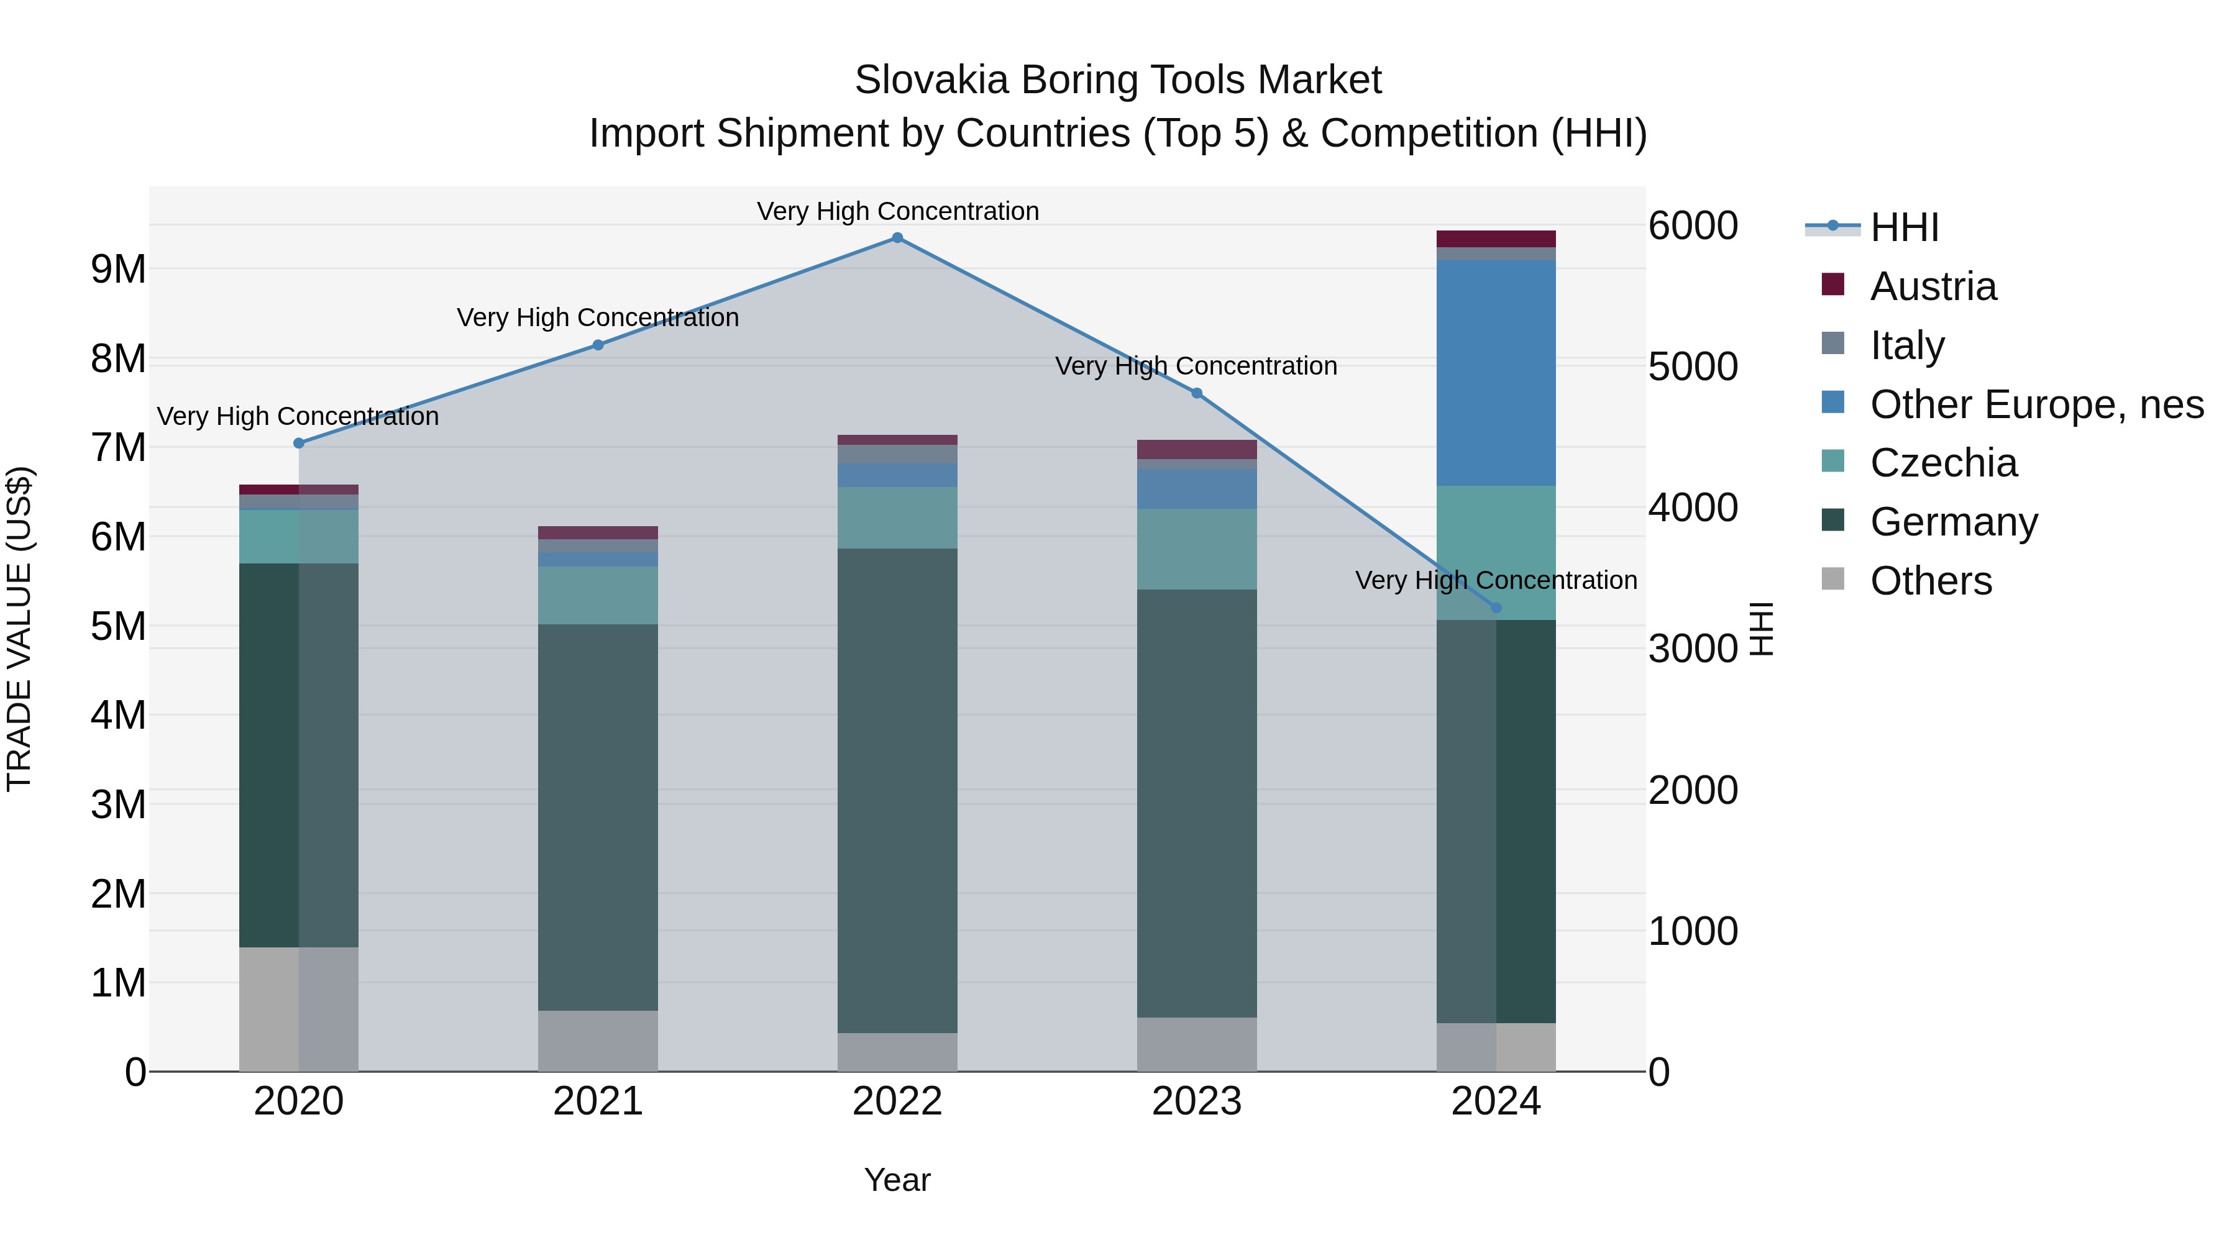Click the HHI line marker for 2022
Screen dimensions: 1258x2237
[897, 238]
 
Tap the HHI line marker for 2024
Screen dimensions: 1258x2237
[1496, 608]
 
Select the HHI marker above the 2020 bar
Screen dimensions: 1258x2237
[299, 443]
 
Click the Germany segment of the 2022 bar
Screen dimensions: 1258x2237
[897, 790]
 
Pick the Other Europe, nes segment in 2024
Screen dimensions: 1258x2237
[1496, 373]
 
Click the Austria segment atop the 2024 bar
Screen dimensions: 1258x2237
[1496, 239]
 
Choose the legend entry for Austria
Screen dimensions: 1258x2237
[1933, 286]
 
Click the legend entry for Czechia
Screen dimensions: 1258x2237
[1944, 463]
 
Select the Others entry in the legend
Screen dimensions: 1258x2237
[1931, 581]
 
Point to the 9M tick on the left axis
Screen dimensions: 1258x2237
[118, 269]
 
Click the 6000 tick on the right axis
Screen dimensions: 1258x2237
[1693, 226]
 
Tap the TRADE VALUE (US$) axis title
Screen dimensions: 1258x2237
[19, 629]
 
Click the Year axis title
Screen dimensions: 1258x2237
[897, 1180]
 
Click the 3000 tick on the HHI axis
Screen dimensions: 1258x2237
[1693, 649]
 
